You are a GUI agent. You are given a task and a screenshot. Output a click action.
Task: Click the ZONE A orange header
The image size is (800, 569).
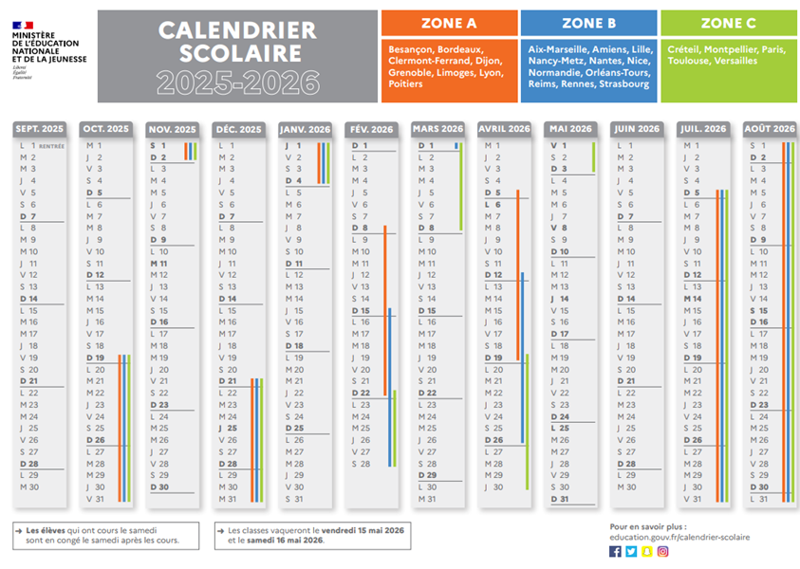coord(450,23)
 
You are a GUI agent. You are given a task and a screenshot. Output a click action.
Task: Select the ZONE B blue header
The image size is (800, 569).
coord(588,23)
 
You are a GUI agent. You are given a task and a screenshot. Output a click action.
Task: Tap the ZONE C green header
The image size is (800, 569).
coord(728,23)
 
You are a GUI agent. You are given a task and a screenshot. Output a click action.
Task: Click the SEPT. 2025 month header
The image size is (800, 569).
coord(40,129)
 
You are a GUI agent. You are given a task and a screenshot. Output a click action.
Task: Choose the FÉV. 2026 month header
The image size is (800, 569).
coord(371,129)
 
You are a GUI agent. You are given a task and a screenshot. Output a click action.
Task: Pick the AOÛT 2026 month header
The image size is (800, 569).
coord(770,129)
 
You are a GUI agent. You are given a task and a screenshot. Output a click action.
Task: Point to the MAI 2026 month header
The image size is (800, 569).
coord(570,129)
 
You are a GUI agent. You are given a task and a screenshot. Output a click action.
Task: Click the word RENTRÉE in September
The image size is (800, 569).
coord(51,146)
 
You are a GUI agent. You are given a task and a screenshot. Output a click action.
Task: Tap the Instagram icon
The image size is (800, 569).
coord(663,551)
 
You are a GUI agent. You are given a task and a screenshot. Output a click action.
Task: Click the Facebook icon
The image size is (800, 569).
coord(615,551)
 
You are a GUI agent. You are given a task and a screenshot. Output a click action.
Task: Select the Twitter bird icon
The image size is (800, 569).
coord(631,551)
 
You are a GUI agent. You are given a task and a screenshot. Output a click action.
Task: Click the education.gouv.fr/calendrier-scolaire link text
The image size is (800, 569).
coord(679,537)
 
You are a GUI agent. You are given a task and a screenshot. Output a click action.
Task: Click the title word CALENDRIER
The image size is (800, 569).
coord(236,31)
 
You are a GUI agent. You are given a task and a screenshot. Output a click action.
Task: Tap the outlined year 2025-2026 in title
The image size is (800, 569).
coord(237,83)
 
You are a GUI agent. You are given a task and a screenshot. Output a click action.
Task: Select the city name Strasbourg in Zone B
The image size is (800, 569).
coord(625,83)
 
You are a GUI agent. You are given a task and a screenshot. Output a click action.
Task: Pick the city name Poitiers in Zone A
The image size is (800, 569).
coord(405,83)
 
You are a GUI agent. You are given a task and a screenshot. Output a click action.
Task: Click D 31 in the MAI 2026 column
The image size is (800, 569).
coord(560,499)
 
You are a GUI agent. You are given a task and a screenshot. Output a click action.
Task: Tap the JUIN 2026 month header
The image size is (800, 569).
coord(637,129)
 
